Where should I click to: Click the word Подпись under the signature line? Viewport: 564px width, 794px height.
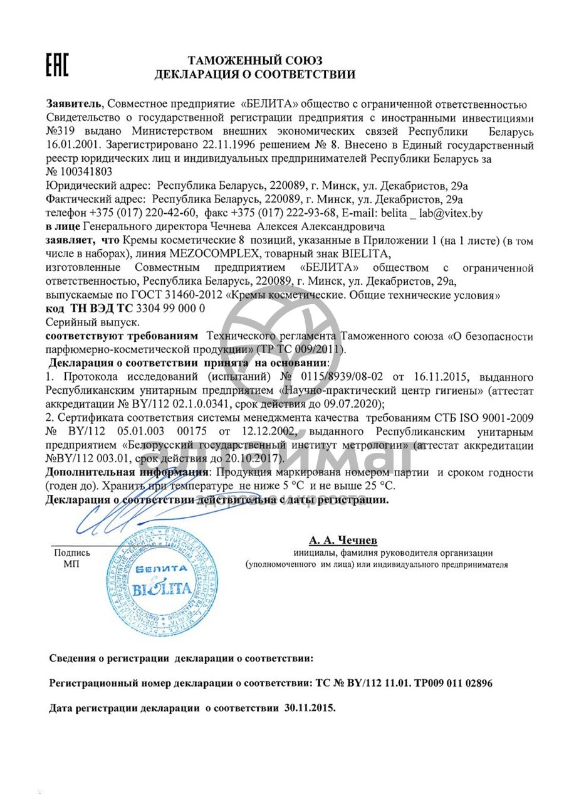point(72,553)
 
